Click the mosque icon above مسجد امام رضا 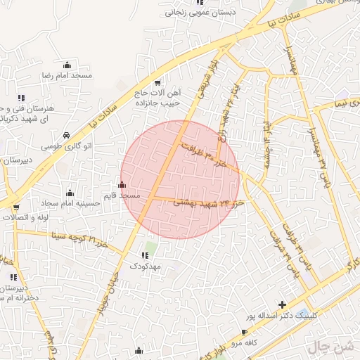pyautogui.click(x=67, y=65)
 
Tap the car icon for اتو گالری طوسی pyautogui.click(x=65, y=134)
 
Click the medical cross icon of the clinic pyautogui.click(x=282, y=304)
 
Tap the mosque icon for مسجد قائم pyautogui.click(x=122, y=185)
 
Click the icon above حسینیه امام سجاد pyautogui.click(x=70, y=193)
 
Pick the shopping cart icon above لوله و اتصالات pyautogui.click(x=16, y=207)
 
